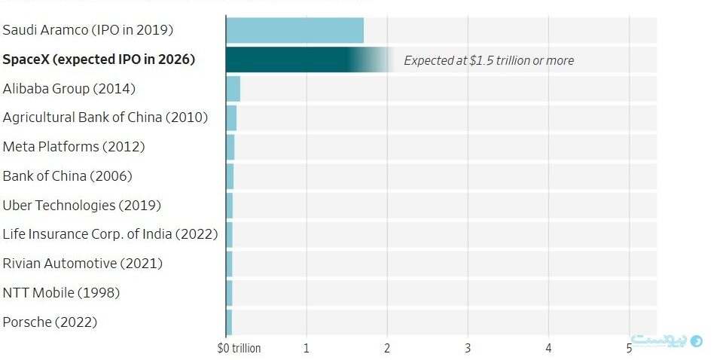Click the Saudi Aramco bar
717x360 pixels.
click(x=295, y=30)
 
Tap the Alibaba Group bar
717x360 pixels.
click(x=233, y=89)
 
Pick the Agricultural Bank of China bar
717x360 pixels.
click(x=231, y=118)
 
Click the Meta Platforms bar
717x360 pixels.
click(x=230, y=148)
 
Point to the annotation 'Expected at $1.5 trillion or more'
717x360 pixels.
click(x=489, y=60)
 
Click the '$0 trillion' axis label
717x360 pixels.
click(x=239, y=348)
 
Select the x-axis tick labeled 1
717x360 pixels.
click(x=307, y=348)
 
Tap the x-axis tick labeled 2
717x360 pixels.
click(x=387, y=348)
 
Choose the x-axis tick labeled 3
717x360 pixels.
click(x=468, y=348)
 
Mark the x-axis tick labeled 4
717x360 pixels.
click(x=548, y=348)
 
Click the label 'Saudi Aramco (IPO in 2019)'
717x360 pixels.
click(x=88, y=30)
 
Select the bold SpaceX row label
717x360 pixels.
click(x=99, y=59)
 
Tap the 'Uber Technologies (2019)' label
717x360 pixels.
click(x=82, y=206)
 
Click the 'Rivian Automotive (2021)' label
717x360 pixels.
click(x=82, y=264)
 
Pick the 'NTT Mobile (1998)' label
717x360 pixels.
click(x=61, y=293)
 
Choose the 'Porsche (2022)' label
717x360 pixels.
click(x=50, y=322)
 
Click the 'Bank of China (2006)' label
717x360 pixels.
click(x=67, y=176)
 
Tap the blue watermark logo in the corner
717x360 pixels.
click(x=667, y=340)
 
